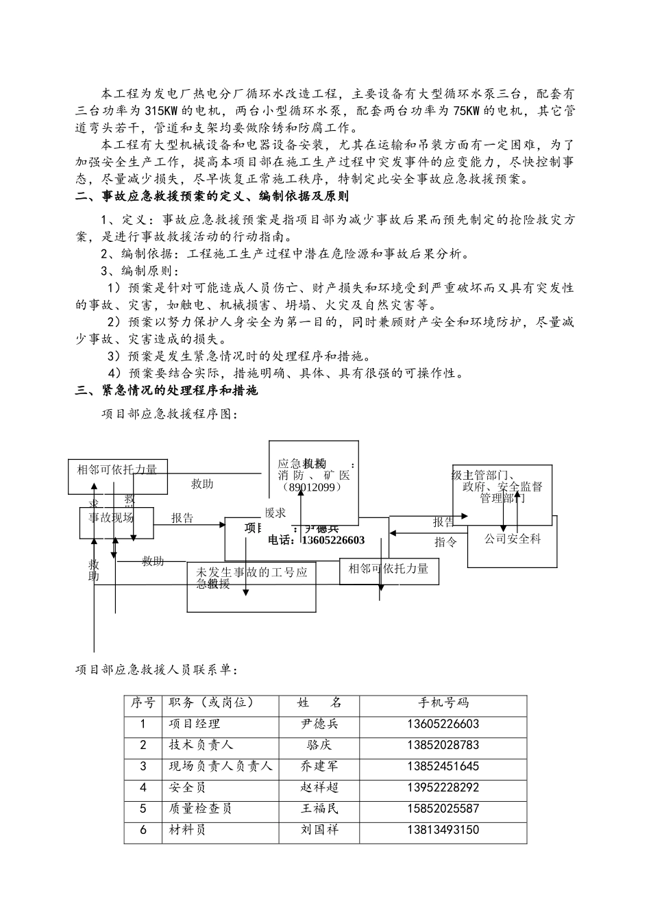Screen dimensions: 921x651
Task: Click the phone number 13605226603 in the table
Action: (443, 724)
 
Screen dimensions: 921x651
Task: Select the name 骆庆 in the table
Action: (319, 745)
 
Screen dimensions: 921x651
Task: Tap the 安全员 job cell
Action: (187, 787)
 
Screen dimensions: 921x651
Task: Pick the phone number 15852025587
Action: (443, 809)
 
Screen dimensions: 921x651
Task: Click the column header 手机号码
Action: (443, 702)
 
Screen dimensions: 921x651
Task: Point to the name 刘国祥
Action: (319, 830)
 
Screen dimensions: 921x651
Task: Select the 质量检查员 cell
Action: (200, 809)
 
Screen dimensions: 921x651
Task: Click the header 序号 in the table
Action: (143, 702)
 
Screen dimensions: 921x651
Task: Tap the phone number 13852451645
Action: (443, 766)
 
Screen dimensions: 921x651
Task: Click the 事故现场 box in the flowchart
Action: (111, 517)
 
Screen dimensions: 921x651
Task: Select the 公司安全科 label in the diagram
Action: (513, 539)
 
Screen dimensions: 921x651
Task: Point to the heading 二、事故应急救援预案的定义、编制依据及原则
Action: (212, 197)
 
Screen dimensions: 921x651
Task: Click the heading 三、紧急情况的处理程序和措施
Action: (167, 391)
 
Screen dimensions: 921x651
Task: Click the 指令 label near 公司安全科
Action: (445, 542)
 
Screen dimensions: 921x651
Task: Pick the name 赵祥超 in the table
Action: (319, 787)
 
